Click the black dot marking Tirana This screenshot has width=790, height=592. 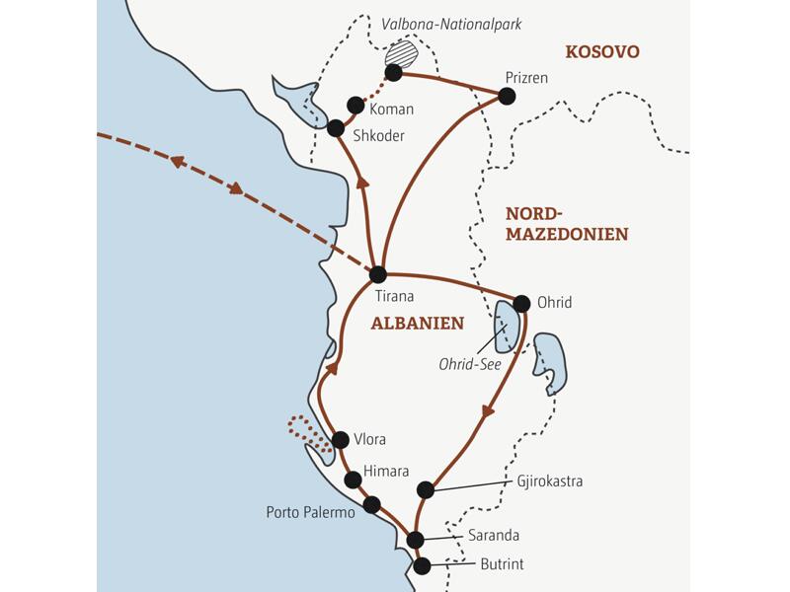tap(377, 275)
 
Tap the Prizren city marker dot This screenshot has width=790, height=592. tap(507, 96)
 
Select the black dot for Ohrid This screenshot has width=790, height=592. tap(522, 303)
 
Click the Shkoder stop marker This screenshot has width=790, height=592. tap(335, 128)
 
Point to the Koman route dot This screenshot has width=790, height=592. tap(355, 105)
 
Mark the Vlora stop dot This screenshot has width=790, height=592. tap(341, 440)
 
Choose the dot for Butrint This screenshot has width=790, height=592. tap(423, 566)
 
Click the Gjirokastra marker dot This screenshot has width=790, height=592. tap(426, 489)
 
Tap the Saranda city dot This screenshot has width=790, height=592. tap(416, 540)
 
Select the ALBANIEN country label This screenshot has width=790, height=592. tap(417, 323)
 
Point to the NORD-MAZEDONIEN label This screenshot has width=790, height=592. tap(566, 224)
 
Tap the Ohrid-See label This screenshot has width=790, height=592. tap(470, 364)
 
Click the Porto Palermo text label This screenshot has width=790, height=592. tap(310, 513)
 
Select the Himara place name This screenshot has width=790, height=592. tap(386, 473)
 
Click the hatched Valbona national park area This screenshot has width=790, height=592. tap(402, 54)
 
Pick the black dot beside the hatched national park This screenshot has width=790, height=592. tap(393, 72)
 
